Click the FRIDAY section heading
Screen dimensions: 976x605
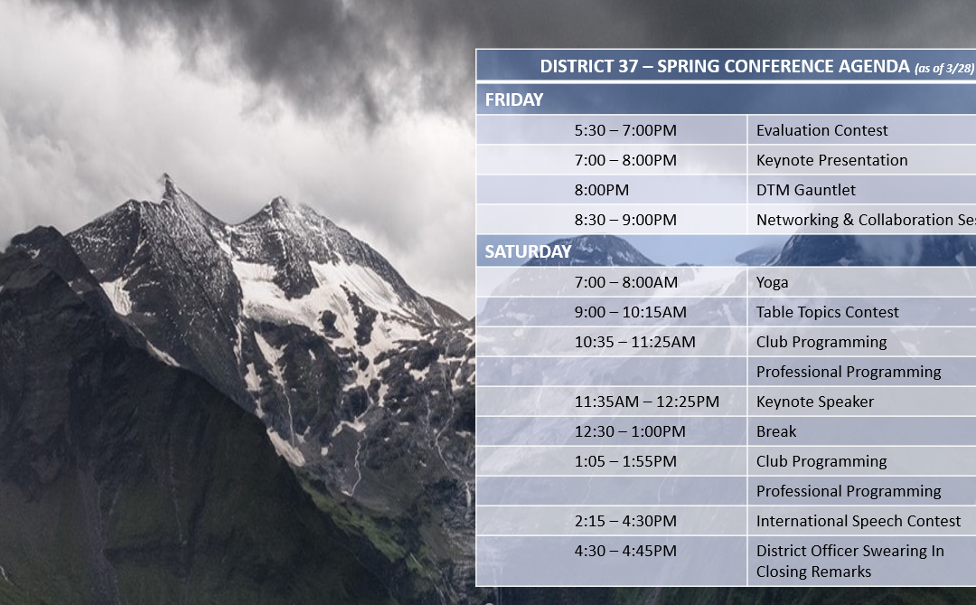pos(514,99)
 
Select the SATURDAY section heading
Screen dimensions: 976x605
pos(528,251)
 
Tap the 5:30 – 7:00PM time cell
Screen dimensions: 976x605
pos(625,130)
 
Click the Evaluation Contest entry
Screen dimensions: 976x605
pos(821,130)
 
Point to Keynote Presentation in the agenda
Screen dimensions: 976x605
pos(831,160)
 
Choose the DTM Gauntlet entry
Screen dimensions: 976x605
pos(805,190)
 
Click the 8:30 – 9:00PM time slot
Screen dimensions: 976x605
pos(625,220)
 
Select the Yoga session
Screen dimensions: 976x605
pos(772,283)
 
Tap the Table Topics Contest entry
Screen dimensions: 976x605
pos(827,312)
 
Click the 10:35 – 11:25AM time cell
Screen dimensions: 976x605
pos(635,342)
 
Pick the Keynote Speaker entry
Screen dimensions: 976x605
pos(815,402)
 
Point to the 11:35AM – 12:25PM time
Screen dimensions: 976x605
pos(647,402)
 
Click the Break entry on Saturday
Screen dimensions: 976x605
pos(776,431)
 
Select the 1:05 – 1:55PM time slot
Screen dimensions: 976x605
pos(625,462)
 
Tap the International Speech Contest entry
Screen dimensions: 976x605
pos(859,522)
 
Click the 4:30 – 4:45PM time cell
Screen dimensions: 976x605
pos(625,552)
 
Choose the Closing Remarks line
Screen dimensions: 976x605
pos(813,572)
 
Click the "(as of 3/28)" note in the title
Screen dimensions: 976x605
pos(944,69)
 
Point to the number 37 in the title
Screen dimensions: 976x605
pos(627,67)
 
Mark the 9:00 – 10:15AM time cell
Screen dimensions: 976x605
pos(630,312)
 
